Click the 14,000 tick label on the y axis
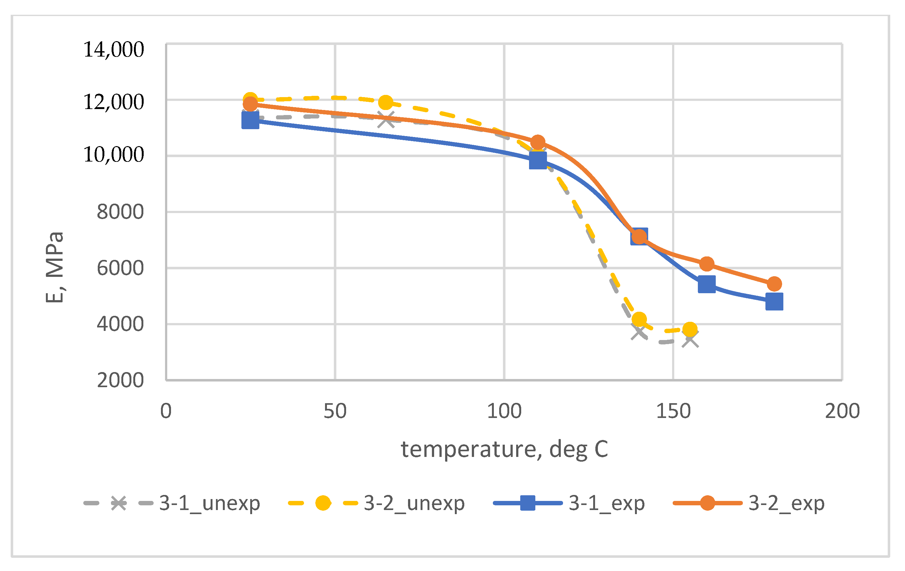click(x=113, y=50)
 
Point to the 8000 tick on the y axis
click(x=120, y=212)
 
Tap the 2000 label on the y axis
click(x=120, y=380)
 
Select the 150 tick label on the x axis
click(x=673, y=411)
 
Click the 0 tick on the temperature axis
click(x=166, y=411)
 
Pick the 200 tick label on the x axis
click(x=842, y=411)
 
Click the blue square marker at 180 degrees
click(x=774, y=302)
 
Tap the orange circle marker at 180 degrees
click(x=774, y=284)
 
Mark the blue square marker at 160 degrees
click(x=707, y=284)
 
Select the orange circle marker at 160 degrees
click(x=707, y=264)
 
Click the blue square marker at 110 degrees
click(x=538, y=161)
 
